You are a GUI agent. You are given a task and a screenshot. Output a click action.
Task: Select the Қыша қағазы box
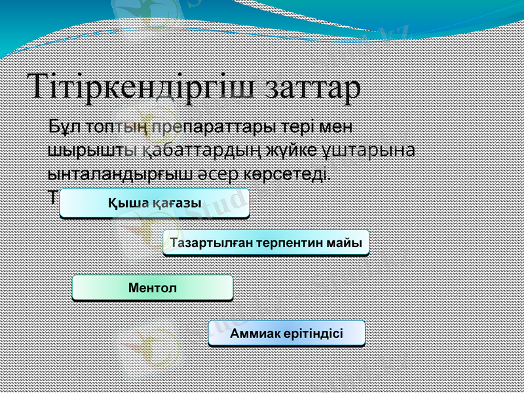click(155, 203)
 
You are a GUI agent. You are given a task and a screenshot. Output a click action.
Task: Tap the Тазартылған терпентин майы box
click(266, 243)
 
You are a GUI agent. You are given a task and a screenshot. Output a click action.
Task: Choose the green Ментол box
click(153, 288)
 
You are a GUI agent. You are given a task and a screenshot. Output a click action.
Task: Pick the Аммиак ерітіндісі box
click(286, 333)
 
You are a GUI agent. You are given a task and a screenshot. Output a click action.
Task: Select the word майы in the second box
click(346, 243)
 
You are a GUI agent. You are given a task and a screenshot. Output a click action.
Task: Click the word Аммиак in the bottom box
click(252, 333)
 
